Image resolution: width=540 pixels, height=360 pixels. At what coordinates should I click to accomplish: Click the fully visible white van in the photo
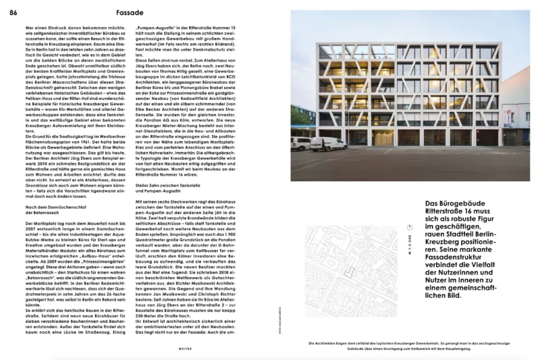[329, 144]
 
